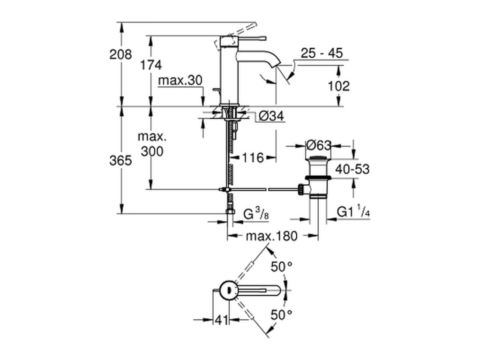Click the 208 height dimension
[x=120, y=54]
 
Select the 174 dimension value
[x=151, y=65]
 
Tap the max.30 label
[x=180, y=81]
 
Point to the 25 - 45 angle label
[x=322, y=53]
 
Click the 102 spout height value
[x=338, y=86]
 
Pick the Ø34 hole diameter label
[x=271, y=116]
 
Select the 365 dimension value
[x=120, y=160]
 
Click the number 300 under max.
[x=152, y=151]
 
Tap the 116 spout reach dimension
[x=253, y=157]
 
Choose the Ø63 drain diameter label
[x=319, y=145]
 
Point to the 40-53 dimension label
[x=352, y=169]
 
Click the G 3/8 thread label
[x=256, y=213]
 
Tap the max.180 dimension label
[x=271, y=236]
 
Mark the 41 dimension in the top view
[x=222, y=320]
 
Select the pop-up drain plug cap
[x=318, y=158]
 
